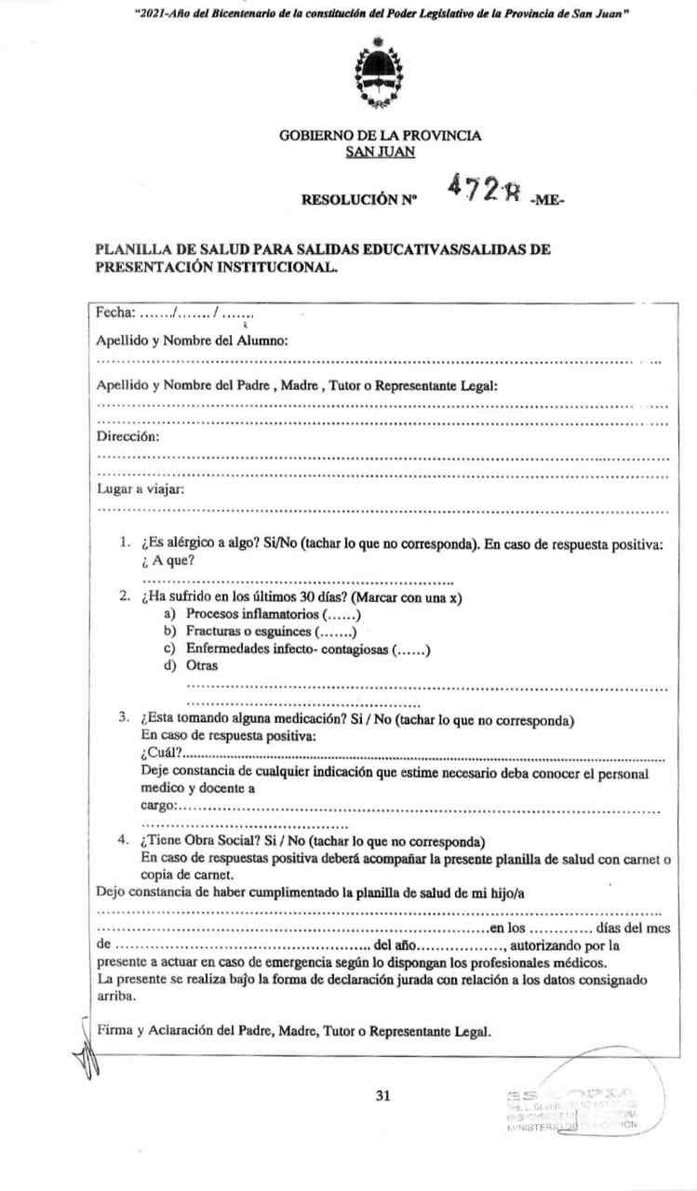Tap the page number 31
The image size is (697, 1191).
coord(382,1095)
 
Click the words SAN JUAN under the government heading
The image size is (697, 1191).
coord(380,153)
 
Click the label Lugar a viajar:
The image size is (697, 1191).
coord(141,490)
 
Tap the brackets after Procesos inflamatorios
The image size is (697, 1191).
coord(341,614)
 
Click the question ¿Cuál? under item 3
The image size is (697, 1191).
coord(161,753)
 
